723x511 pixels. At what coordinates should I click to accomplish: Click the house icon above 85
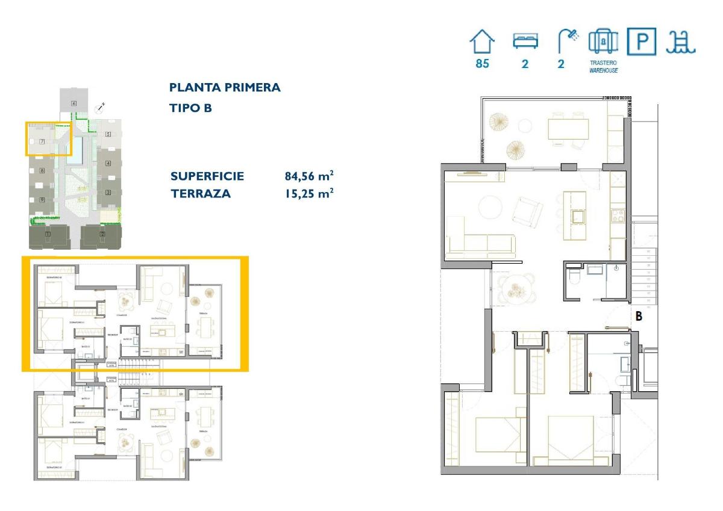(x=482, y=42)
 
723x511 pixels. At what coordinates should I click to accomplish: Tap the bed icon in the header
(x=525, y=41)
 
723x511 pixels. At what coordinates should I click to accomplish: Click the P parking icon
(x=642, y=42)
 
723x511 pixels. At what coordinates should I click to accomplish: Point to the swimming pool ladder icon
(x=681, y=42)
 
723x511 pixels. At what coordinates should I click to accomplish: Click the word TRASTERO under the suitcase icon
(x=603, y=63)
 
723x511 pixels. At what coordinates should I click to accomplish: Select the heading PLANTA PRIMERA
(x=225, y=87)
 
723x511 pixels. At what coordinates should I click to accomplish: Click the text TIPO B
(x=190, y=108)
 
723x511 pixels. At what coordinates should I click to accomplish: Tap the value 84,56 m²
(x=309, y=176)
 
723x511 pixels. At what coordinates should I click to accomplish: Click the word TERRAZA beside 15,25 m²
(x=201, y=194)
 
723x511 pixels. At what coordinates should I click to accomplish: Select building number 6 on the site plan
(x=74, y=104)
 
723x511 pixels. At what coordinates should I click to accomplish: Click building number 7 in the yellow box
(x=42, y=141)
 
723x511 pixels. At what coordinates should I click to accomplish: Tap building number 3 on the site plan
(x=108, y=193)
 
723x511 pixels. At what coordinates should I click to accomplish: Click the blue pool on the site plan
(x=75, y=150)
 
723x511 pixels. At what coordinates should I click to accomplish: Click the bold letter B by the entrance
(x=637, y=315)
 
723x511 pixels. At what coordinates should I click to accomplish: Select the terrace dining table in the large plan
(x=568, y=129)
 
